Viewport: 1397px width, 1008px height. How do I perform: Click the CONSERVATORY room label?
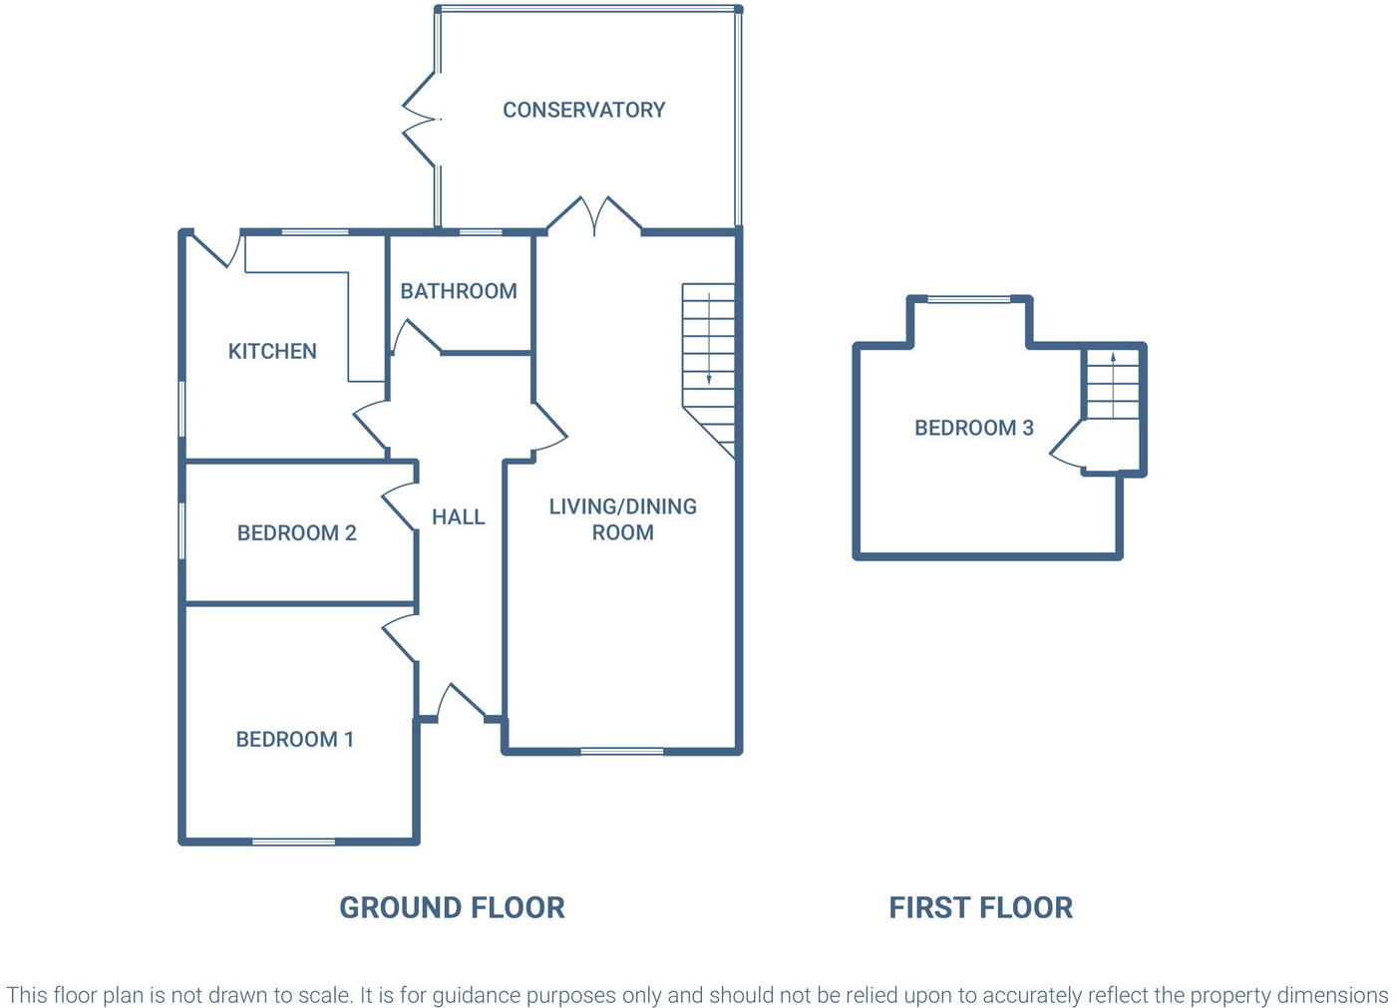[x=583, y=110]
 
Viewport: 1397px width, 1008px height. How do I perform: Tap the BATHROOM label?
[x=459, y=291]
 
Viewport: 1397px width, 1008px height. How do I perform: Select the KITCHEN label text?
[x=272, y=351]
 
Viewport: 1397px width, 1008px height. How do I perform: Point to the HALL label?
[x=458, y=516]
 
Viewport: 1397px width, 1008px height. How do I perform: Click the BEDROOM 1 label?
[x=294, y=739]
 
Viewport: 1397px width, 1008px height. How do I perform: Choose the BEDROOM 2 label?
[x=296, y=532]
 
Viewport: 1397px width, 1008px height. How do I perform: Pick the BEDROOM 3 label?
[x=973, y=428]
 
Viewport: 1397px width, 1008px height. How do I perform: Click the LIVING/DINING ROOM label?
[x=622, y=519]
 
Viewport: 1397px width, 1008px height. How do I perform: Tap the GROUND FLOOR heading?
[x=452, y=907]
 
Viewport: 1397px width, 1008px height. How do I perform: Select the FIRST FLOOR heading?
[x=980, y=907]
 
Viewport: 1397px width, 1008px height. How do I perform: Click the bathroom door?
[x=415, y=338]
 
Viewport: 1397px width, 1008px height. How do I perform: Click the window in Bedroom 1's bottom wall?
[x=293, y=841]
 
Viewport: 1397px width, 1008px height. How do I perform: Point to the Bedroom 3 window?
[x=968, y=298]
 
